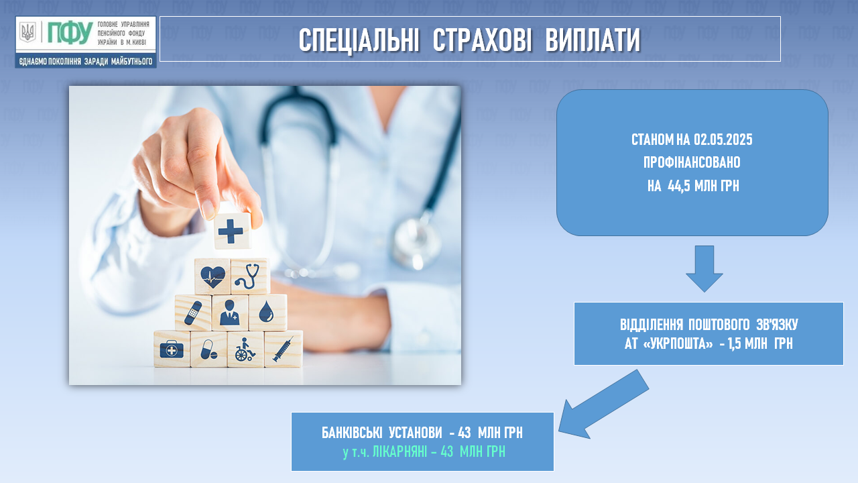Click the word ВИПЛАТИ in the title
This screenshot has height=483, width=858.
point(593,40)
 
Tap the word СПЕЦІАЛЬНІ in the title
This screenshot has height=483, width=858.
point(359,40)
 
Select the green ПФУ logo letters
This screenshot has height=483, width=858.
point(70,33)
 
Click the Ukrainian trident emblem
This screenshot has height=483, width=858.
point(27,32)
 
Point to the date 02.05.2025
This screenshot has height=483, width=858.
point(723,140)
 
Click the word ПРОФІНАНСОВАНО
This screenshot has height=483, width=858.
point(692,162)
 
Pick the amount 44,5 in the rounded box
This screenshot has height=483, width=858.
point(679,186)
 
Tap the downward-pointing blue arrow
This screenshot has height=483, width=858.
point(704,269)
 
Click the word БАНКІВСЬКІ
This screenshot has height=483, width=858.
point(352,433)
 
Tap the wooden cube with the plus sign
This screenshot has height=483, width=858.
point(231,230)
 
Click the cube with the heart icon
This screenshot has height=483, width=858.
point(212,276)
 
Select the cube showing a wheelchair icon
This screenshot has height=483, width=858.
point(245,350)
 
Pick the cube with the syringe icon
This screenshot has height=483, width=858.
point(284,349)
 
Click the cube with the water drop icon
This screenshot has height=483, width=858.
point(267,313)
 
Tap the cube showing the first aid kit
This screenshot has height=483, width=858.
point(172,349)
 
